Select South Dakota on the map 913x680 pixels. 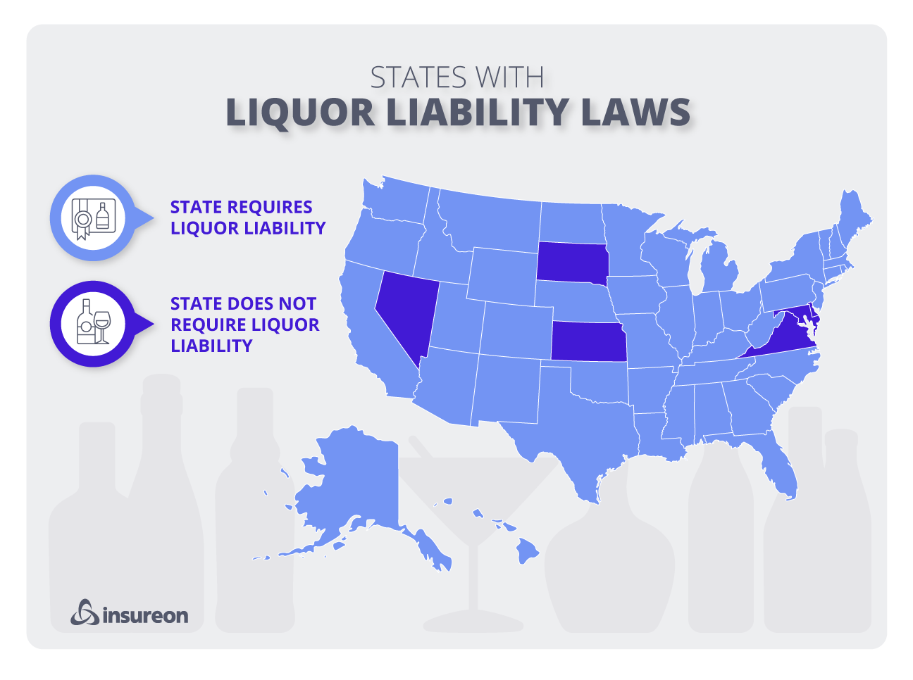click(x=571, y=261)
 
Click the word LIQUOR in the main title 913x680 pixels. click(x=301, y=113)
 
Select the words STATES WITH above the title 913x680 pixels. click(x=456, y=77)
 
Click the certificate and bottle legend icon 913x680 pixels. click(x=92, y=218)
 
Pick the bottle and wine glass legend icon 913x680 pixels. click(x=92, y=325)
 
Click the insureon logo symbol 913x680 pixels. click(x=85, y=612)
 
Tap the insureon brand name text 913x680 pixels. click(x=145, y=616)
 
